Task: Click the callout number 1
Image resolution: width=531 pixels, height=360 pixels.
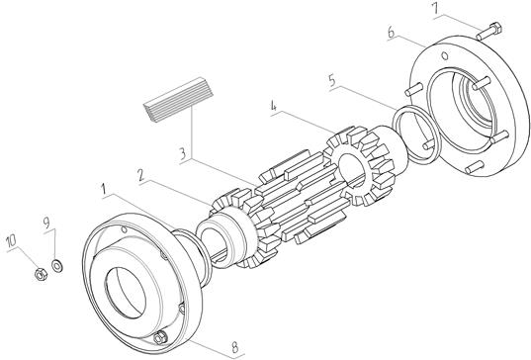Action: pos(106,189)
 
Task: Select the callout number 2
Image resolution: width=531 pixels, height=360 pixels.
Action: pos(141,176)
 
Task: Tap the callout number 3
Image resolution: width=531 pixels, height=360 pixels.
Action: pos(183,153)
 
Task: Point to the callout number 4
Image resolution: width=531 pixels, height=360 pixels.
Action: pos(274,107)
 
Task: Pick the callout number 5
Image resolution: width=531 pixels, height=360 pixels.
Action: pos(332,81)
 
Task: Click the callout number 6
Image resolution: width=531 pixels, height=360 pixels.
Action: pos(392,33)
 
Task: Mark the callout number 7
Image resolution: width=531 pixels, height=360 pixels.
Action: pos(436,10)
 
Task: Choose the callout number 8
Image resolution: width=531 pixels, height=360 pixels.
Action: pos(234,346)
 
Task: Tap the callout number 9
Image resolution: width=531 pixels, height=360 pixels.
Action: pos(46,223)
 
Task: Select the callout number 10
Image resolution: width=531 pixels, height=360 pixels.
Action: pos(11,240)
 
